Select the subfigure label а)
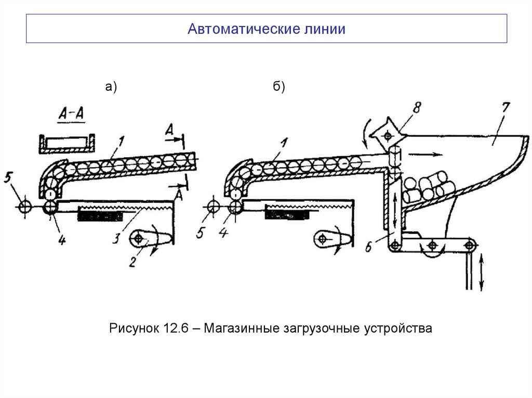pos(111,88)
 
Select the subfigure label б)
pos(279,88)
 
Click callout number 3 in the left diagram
pos(118,239)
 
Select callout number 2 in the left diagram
pos(132,262)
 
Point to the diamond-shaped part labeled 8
pos(386,135)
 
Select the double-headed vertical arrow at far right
pos(481,270)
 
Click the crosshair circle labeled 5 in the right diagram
pos(212,207)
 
